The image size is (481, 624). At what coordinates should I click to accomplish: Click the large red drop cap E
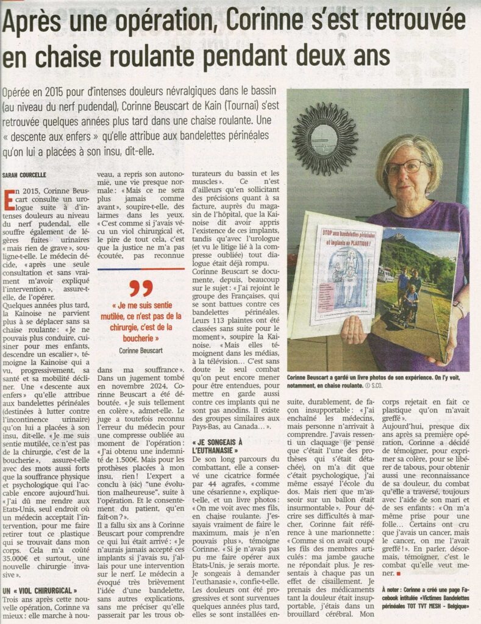[x=9, y=202]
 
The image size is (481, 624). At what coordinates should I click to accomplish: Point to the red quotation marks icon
[x=141, y=288]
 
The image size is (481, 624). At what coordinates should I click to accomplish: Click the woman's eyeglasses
[x=407, y=166]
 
